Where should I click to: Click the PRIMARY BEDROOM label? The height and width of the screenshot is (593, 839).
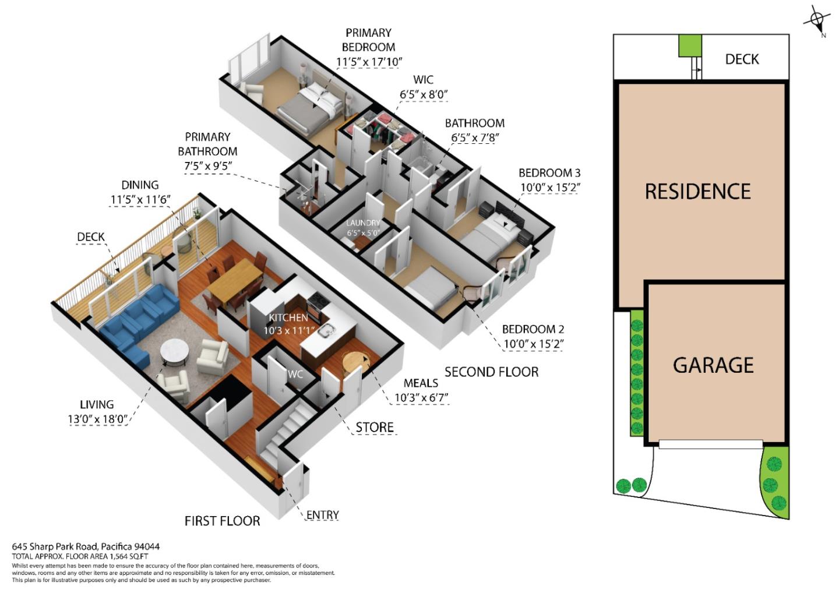point(368,40)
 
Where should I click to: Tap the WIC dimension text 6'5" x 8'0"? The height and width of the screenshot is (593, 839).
point(423,94)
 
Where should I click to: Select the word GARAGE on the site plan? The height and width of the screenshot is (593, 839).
point(713,365)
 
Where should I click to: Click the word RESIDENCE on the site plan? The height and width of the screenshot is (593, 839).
point(697,191)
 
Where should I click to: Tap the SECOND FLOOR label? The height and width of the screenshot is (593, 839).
point(491,372)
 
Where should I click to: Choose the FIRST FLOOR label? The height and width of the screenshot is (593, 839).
point(222,520)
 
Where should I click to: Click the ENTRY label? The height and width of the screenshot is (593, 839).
point(322,515)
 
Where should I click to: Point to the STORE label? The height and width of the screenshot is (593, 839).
point(375,428)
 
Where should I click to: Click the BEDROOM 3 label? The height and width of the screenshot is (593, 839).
point(549,173)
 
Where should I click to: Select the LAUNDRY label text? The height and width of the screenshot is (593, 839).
point(363,223)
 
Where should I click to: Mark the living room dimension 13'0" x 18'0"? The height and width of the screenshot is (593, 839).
point(97,418)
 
